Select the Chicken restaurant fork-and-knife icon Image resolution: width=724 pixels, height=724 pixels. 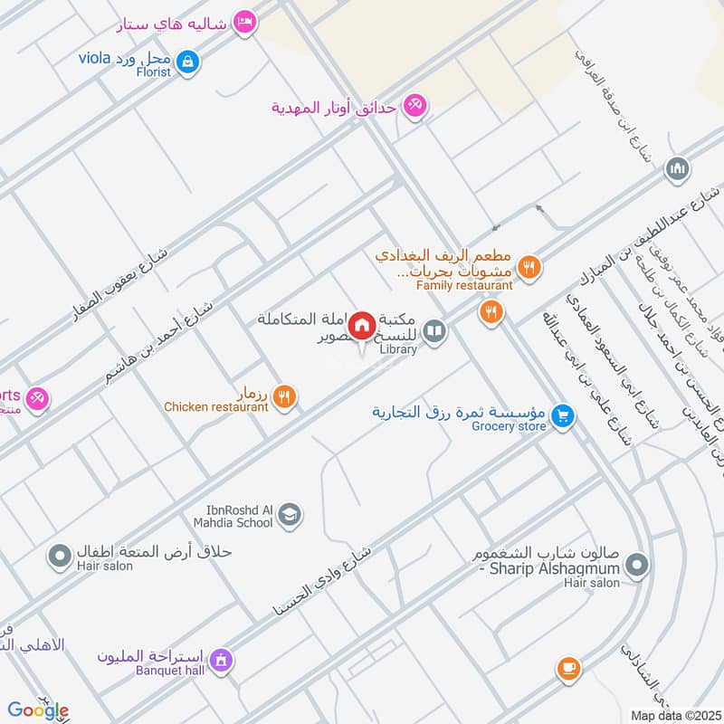click(x=284, y=396)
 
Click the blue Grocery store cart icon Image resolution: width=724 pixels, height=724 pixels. click(x=564, y=416)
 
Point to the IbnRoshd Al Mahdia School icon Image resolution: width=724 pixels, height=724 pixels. click(x=289, y=515)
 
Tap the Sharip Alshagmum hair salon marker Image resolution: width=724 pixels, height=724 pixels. click(x=637, y=566)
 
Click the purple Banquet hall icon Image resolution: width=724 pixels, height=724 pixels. click(x=220, y=662)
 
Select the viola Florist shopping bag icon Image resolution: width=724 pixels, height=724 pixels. click(x=187, y=62)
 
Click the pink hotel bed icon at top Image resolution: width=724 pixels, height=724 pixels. click(x=243, y=22)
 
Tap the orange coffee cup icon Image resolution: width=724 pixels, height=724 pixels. click(x=568, y=668)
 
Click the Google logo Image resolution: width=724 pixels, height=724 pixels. click(x=38, y=711)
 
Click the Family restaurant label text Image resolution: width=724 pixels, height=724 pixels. click(x=464, y=285)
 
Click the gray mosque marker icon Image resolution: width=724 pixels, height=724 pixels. click(x=677, y=168)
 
